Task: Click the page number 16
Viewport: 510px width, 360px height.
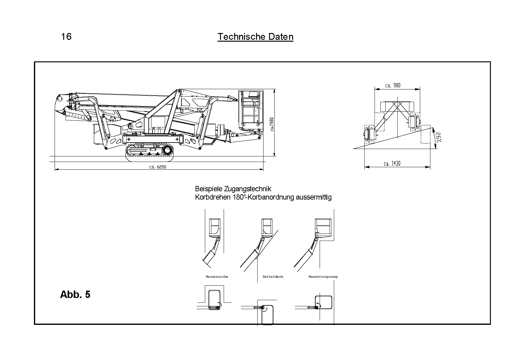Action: click(x=66, y=37)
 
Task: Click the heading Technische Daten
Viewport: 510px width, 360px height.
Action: click(x=255, y=37)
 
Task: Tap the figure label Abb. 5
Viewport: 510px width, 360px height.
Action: click(x=75, y=294)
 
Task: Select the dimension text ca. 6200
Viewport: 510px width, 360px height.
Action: click(x=158, y=167)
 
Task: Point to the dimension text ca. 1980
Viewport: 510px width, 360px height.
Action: click(x=272, y=124)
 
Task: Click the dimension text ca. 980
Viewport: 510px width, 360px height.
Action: click(x=393, y=85)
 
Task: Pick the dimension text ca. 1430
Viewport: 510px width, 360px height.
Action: click(x=392, y=163)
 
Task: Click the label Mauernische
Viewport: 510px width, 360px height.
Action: click(x=217, y=277)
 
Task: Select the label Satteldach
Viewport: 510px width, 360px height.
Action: click(x=273, y=277)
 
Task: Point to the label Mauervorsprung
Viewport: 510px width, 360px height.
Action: click(x=323, y=277)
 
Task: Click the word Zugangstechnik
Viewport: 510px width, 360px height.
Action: click(x=248, y=189)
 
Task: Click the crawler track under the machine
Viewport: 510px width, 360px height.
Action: click(x=150, y=152)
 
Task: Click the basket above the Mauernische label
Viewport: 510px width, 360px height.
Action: click(x=215, y=228)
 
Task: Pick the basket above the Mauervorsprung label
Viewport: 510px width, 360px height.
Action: click(x=323, y=227)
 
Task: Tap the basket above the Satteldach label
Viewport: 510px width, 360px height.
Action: click(x=267, y=227)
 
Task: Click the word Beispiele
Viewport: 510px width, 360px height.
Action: click(x=209, y=189)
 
